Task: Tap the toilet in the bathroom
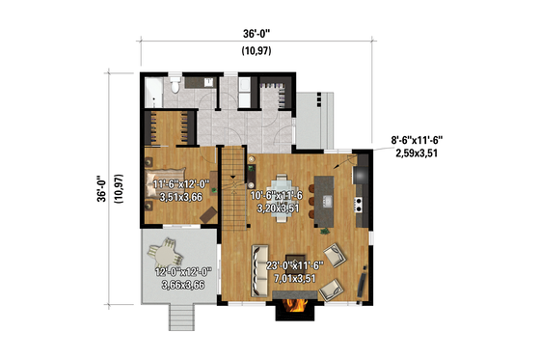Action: (x=173, y=89)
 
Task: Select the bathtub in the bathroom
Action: (x=153, y=94)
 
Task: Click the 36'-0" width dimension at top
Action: (x=256, y=33)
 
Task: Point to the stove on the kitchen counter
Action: (x=360, y=204)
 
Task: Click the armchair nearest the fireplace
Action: (x=330, y=289)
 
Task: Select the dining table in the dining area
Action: (x=283, y=188)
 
